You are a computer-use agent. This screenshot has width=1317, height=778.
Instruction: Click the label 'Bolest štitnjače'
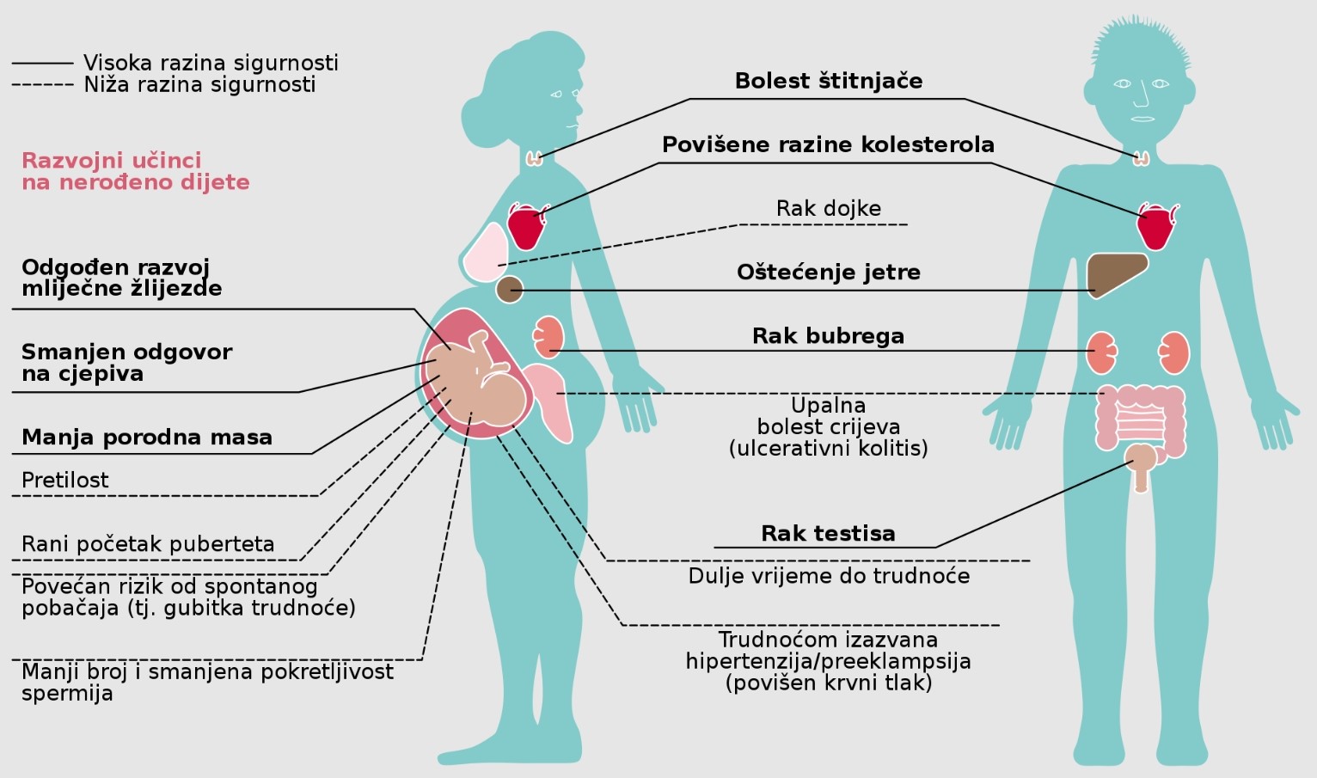pos(828,81)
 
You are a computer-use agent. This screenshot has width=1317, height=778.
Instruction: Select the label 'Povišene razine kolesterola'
pos(828,144)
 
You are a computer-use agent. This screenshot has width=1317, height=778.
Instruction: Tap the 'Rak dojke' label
pos(828,208)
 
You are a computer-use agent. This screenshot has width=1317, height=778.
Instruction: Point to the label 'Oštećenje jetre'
pos(828,273)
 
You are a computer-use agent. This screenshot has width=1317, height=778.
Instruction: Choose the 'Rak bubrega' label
pos(828,336)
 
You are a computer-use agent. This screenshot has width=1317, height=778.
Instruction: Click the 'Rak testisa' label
pos(828,533)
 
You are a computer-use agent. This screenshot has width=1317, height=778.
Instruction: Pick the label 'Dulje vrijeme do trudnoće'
pos(828,576)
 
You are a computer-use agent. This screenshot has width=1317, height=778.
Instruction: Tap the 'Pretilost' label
pos(65,480)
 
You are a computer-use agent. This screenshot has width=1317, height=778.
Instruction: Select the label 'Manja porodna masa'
pos(147,438)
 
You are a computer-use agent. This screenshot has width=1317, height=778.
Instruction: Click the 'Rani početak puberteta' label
pos(148,544)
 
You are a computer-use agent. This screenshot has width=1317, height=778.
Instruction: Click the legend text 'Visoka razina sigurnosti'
pos(211,63)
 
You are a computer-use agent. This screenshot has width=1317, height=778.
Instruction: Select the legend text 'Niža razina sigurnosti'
pos(199,84)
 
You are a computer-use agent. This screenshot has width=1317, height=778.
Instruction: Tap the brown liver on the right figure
pos(1115,273)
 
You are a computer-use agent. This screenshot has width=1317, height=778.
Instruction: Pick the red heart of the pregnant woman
pos(526,226)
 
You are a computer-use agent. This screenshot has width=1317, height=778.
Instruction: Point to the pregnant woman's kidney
pos(548,336)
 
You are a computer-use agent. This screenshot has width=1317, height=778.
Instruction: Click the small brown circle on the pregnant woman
pos(510,290)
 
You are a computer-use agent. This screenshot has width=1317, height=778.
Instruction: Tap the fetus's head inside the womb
pos(502,400)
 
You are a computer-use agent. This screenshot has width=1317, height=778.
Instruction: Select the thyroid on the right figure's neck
pos(1142,158)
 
